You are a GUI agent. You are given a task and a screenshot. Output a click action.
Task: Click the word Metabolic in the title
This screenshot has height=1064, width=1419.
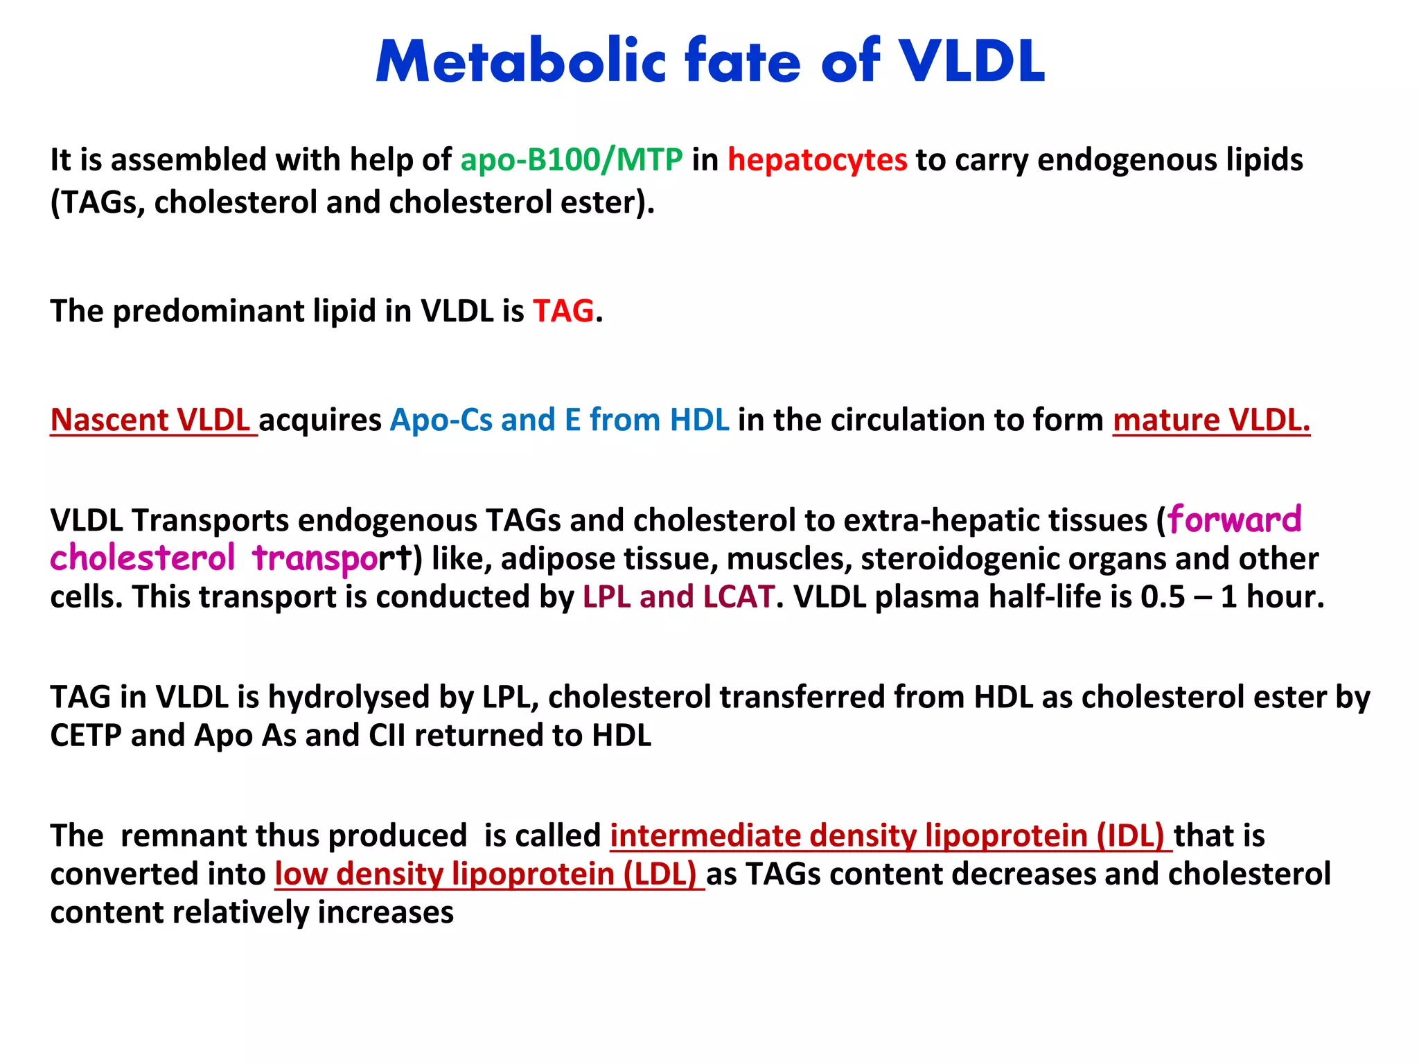pyautogui.click(x=520, y=62)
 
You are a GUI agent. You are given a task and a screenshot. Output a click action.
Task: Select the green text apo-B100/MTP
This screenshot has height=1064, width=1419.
pyautogui.click(x=572, y=160)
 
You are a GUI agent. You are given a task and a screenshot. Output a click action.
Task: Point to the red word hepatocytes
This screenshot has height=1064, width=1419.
pyautogui.click(x=817, y=160)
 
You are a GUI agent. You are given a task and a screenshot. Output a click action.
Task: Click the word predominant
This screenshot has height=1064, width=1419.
pyautogui.click(x=208, y=311)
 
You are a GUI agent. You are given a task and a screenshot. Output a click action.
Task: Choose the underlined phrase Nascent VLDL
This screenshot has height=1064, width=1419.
pyautogui.click(x=150, y=420)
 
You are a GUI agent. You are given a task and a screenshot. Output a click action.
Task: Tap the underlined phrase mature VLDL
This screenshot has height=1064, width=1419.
pyautogui.click(x=1211, y=420)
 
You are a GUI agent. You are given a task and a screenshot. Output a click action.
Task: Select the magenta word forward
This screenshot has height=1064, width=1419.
pyautogui.click(x=1235, y=520)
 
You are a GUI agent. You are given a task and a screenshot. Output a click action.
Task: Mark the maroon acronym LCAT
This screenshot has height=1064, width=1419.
pyautogui.click(x=739, y=597)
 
